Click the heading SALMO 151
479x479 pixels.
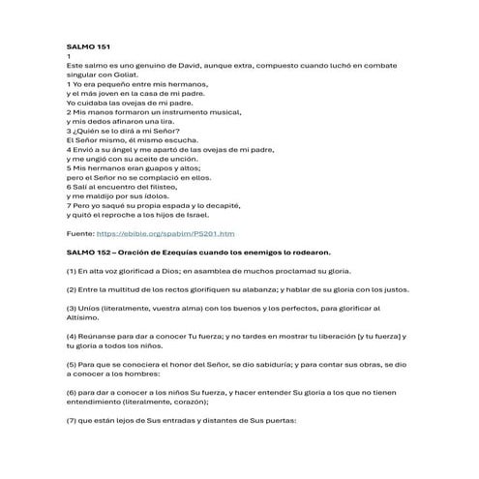pos(85,45)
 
